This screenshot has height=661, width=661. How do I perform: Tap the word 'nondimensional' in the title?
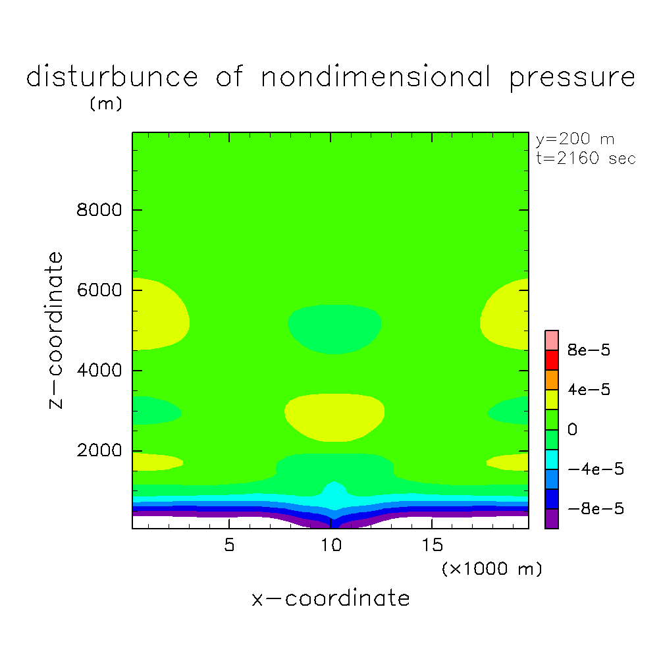pos(376,78)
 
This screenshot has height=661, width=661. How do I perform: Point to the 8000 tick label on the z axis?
pos(97,211)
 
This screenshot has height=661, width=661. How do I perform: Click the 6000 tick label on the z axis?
pos(97,290)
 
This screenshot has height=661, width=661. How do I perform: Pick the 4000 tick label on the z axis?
pos(97,371)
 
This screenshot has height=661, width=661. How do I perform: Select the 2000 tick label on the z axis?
pos(97,451)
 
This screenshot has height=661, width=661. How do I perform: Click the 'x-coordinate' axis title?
pos(330,598)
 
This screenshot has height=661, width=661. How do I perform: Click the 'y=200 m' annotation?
pos(575,139)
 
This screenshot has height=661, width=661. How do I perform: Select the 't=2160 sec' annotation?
pos(586,159)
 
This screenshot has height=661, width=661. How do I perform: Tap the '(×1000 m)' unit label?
pos(492,569)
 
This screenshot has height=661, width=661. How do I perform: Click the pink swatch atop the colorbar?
pos(552,340)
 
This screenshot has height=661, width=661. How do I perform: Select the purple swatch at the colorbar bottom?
pos(552,519)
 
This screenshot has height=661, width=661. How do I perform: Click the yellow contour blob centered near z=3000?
pos(334,416)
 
